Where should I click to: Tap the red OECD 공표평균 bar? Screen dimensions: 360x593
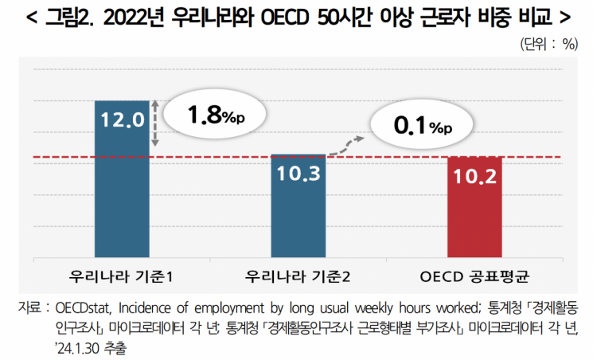pyautogui.click(x=475, y=209)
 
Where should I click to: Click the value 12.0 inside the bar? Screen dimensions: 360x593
pyautogui.click(x=122, y=120)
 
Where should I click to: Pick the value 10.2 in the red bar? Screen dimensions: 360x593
pyautogui.click(x=475, y=174)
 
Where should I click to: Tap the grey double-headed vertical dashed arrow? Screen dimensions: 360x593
pyautogui.click(x=157, y=123)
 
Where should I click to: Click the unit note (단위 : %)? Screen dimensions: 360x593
pyautogui.click(x=548, y=44)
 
